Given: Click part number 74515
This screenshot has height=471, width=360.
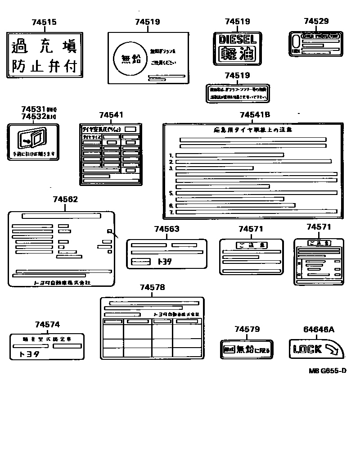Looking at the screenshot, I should (45, 22).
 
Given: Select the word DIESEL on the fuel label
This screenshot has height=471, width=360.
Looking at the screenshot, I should (237, 39).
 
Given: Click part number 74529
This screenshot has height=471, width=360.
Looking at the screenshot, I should (316, 21).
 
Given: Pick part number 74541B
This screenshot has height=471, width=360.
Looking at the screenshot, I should (255, 115).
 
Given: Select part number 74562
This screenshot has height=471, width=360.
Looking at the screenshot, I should (65, 199).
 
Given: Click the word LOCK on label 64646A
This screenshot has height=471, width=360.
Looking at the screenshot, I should (307, 349).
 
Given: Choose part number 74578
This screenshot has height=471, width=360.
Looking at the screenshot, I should (152, 287).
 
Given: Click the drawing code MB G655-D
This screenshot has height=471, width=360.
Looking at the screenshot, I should (327, 371).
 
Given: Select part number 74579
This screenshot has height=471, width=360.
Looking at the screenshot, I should (247, 329).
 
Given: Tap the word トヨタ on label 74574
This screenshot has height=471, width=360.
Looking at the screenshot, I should (29, 354).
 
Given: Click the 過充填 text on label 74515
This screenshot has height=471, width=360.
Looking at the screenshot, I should (44, 46).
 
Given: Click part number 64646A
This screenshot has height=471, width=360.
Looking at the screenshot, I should (319, 329).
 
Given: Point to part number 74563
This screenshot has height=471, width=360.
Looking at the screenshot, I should (166, 229).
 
